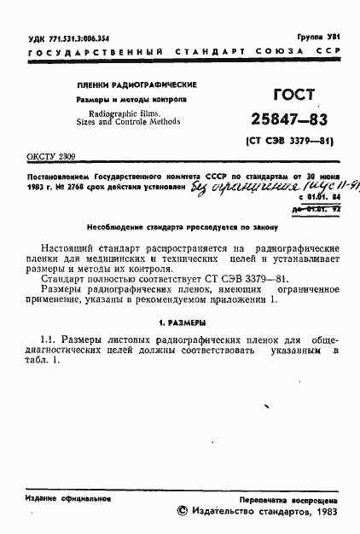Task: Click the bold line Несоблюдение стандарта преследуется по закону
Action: point(183,228)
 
